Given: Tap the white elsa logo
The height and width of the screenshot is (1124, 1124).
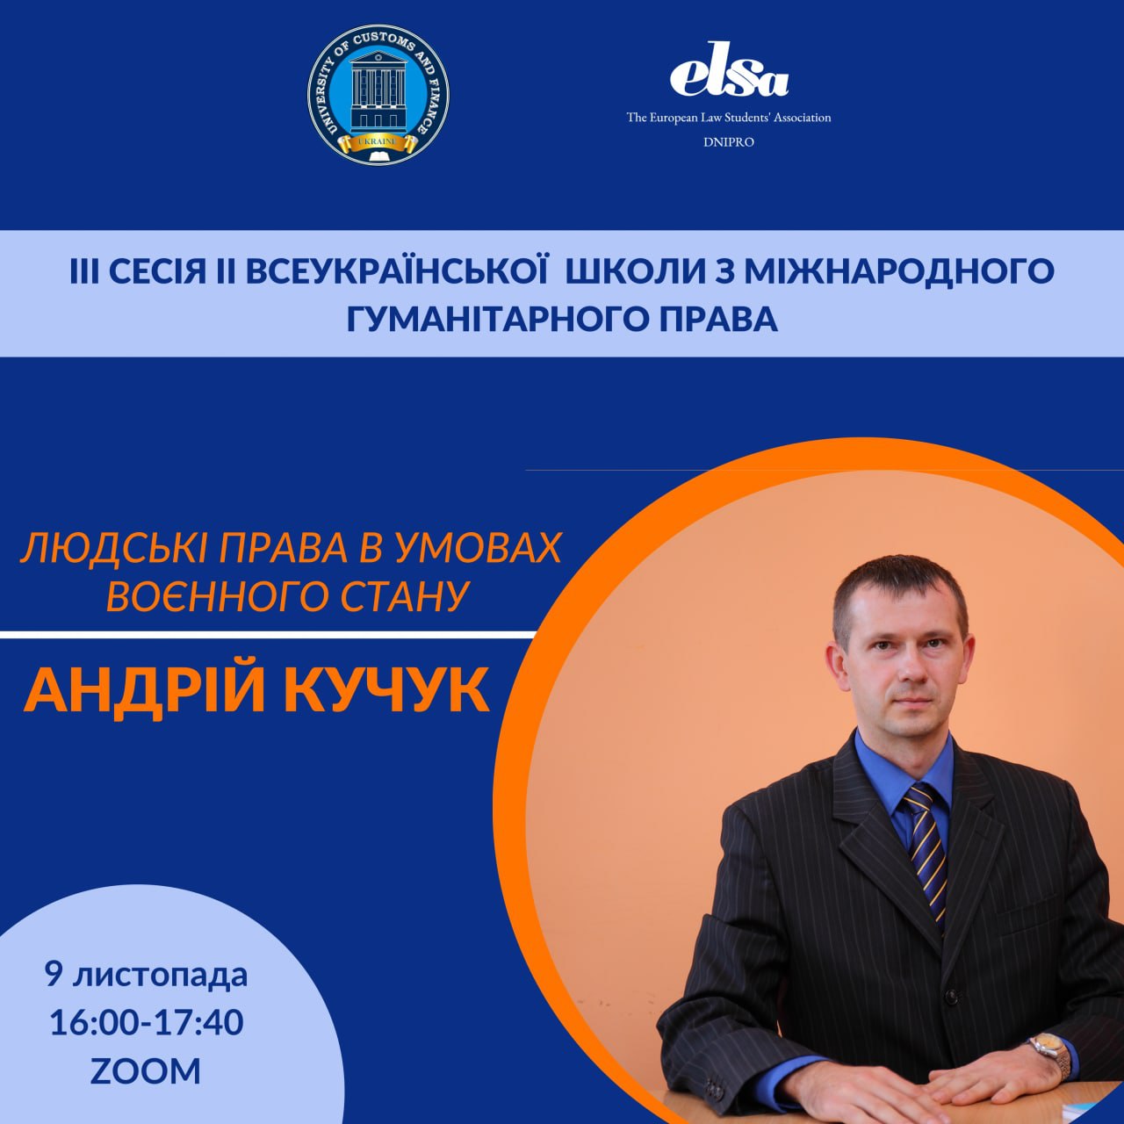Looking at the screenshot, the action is pyautogui.click(x=729, y=69).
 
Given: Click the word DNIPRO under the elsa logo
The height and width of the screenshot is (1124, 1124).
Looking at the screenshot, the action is pyautogui.click(x=729, y=142).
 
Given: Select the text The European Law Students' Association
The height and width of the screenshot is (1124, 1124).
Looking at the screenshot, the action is pyautogui.click(x=729, y=118).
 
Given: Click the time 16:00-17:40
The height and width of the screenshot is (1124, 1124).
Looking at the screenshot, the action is pyautogui.click(x=146, y=1023).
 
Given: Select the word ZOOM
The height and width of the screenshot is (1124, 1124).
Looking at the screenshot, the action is pyautogui.click(x=146, y=1071).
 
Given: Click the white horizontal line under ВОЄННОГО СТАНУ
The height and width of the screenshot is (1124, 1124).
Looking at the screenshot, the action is pyautogui.click(x=268, y=635).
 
